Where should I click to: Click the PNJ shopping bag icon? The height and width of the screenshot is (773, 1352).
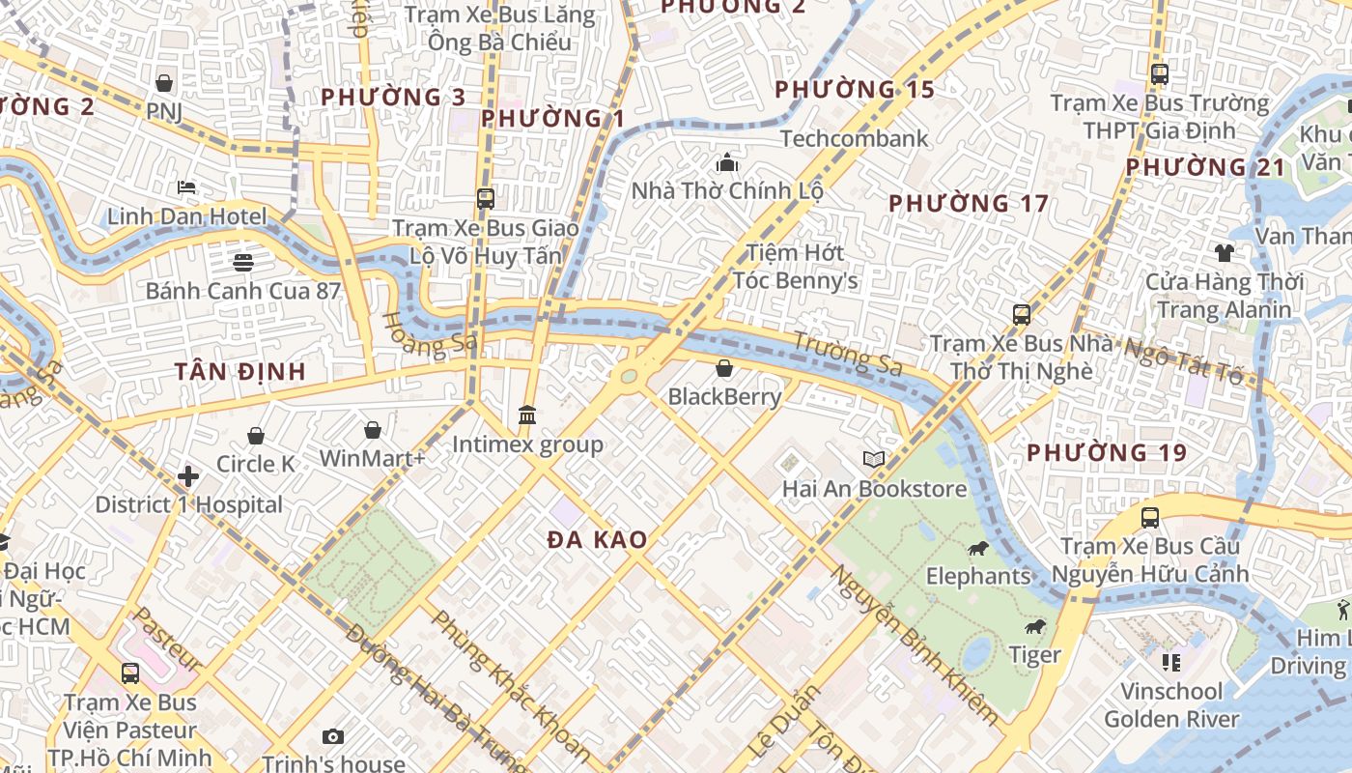164,83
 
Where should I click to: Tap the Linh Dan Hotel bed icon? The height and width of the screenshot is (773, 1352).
186,186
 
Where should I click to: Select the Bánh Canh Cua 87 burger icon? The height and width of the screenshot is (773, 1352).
242,262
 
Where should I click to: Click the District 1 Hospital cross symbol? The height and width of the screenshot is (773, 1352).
188,476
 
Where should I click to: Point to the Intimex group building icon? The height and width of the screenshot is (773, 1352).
527,415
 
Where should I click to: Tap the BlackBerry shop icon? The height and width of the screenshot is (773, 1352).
724,368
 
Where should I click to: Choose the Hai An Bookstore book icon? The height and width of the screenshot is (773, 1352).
874,460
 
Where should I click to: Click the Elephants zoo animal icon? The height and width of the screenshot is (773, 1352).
977,549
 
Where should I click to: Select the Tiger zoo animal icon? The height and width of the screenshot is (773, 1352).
1036,627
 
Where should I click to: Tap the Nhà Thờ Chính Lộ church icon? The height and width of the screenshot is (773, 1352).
727,162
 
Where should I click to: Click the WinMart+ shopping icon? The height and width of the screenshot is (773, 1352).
373,430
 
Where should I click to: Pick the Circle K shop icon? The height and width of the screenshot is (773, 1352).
256,436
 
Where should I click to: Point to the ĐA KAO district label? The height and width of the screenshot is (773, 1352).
597,540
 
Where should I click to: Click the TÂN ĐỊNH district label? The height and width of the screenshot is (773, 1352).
240,371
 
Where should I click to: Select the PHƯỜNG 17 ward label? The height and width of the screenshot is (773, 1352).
968,204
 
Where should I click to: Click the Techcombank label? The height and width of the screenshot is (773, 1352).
854,138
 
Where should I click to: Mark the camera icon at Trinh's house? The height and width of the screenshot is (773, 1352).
333,737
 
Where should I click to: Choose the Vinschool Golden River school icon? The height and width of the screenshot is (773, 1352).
1171,663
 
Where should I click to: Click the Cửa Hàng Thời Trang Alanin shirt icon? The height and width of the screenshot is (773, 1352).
1225,253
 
